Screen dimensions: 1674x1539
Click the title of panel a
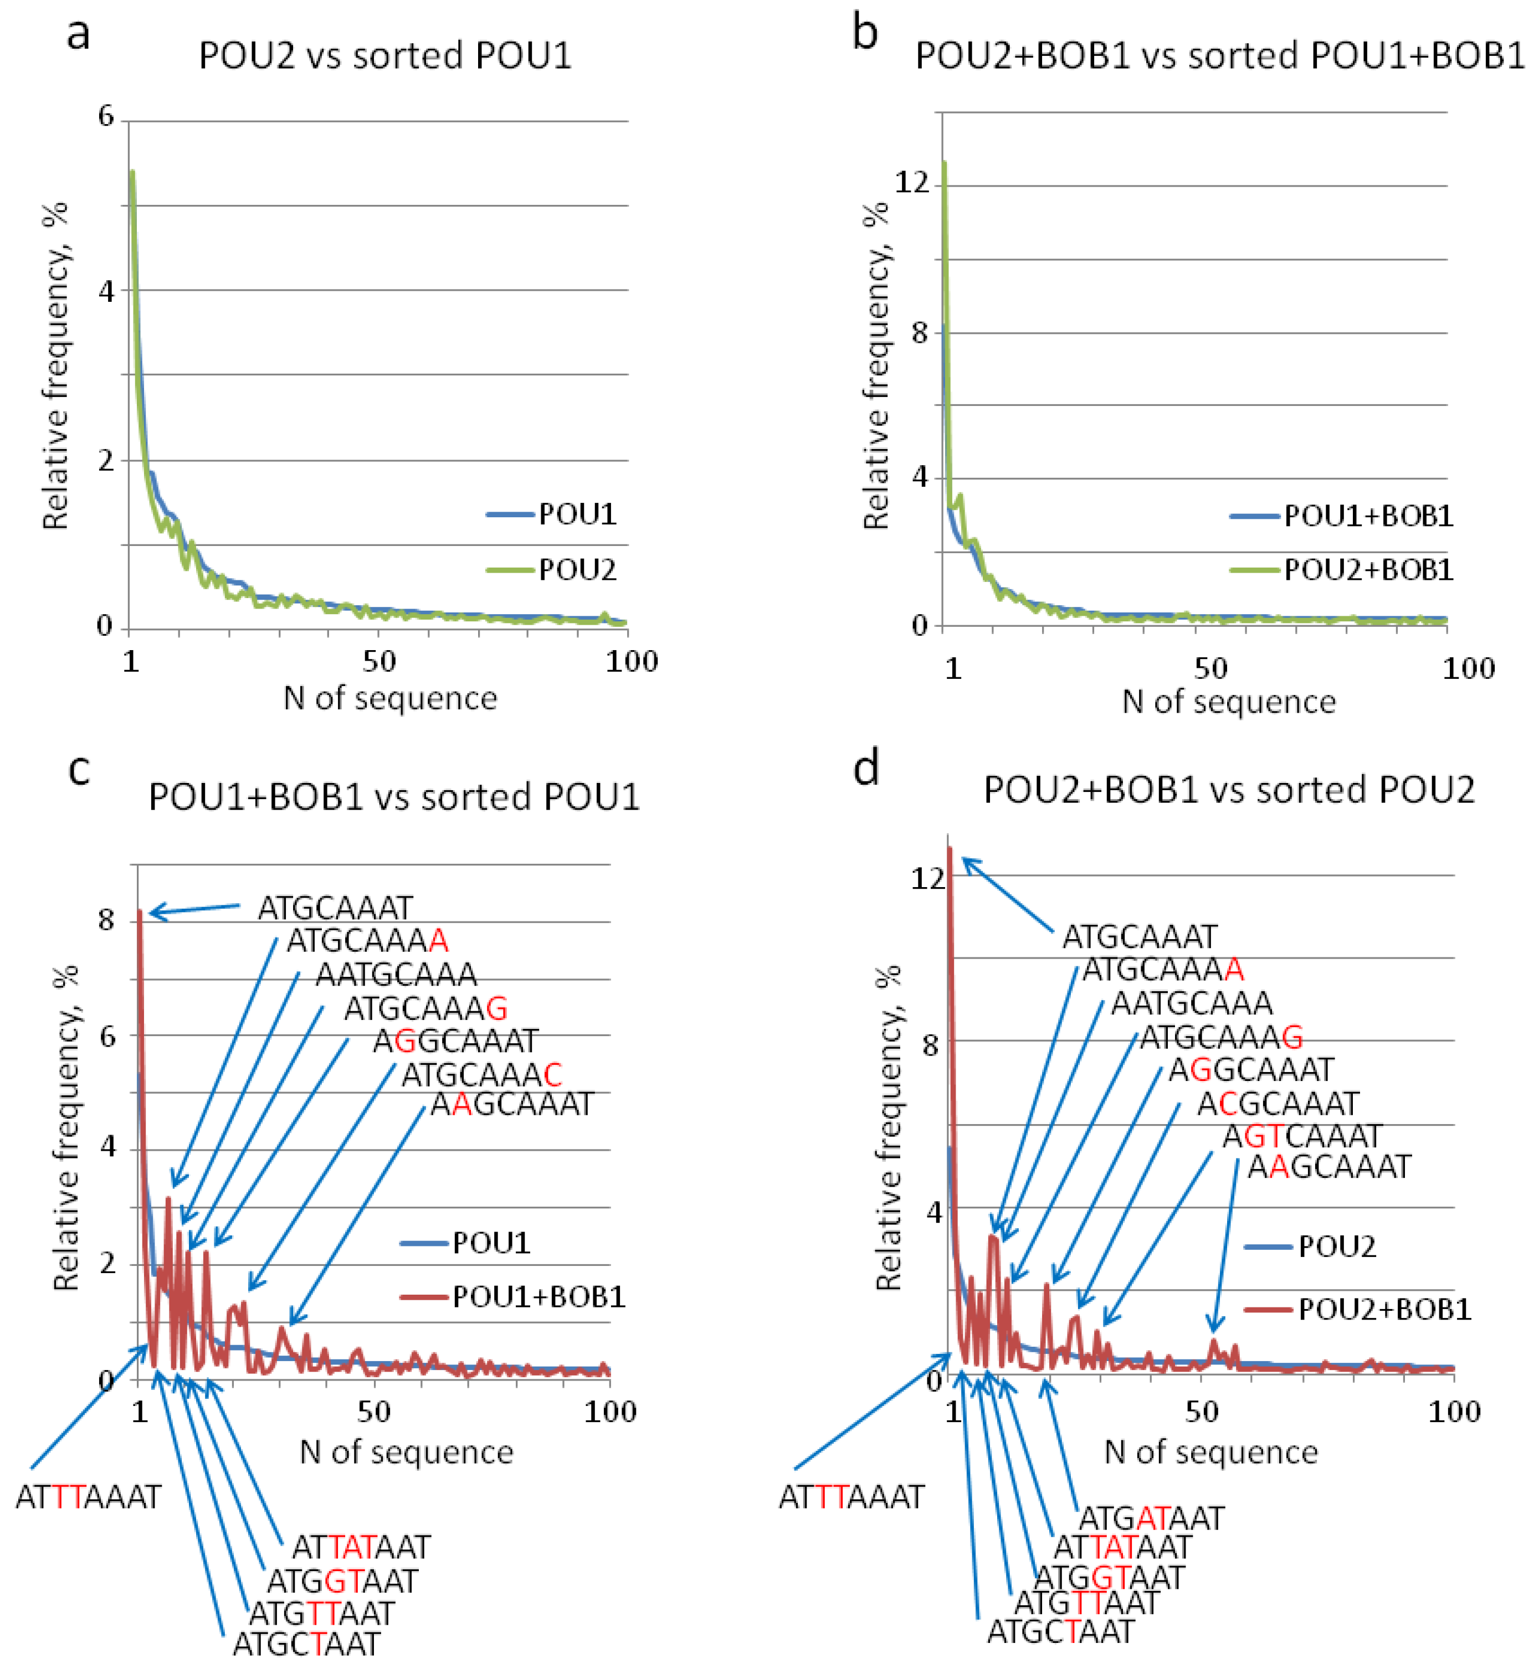(384, 56)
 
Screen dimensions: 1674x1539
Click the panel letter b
(865, 33)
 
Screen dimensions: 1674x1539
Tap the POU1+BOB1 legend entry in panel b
(1367, 516)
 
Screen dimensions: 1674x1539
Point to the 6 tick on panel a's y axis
(106, 116)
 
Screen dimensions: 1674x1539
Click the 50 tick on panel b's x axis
(1210, 668)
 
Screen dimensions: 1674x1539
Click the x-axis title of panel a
(390, 698)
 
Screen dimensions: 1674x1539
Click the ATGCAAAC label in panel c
(481, 1075)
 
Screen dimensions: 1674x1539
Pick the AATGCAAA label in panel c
(397, 974)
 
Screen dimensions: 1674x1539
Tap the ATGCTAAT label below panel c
(306, 1644)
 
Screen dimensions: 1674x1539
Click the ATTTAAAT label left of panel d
(851, 1497)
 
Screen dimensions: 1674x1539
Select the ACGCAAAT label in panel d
(1278, 1104)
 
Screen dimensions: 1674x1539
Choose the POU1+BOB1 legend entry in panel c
(538, 1296)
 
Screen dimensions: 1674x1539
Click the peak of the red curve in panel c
(141, 913)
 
